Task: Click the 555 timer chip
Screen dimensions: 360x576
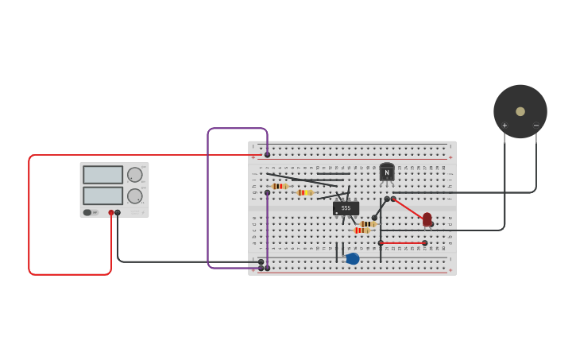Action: (x=346, y=208)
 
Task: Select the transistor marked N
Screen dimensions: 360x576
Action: (x=387, y=172)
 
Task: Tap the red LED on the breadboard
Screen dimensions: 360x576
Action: (x=427, y=219)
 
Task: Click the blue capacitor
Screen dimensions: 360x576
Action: (x=352, y=258)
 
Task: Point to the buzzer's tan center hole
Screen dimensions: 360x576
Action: (x=520, y=111)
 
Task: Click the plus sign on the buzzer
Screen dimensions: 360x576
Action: (x=504, y=126)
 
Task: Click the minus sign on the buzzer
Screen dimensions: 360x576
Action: (x=535, y=126)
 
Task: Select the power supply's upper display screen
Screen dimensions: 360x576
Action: (x=102, y=175)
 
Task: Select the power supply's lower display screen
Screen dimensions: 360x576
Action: (x=102, y=195)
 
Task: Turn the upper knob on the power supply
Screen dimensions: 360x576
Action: (x=135, y=175)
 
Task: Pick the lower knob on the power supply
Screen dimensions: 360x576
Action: (x=135, y=195)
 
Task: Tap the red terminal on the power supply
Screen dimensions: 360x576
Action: (x=111, y=212)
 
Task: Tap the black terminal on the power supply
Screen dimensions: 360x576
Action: (x=118, y=212)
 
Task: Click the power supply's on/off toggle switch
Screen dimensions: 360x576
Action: (x=87, y=212)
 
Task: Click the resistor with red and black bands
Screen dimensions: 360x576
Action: (x=279, y=186)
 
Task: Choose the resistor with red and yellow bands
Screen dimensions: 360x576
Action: (x=304, y=192)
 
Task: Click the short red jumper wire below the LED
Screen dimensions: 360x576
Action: (x=403, y=243)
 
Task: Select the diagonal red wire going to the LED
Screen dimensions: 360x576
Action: (x=408, y=208)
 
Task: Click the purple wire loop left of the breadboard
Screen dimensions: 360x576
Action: (x=208, y=199)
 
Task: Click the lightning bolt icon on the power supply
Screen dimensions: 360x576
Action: (x=95, y=212)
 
